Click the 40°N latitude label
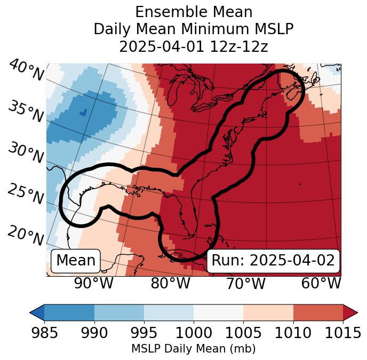tap(26, 71)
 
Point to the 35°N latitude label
tap(26, 111)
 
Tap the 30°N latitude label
tap(26, 153)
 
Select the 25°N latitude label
tap(26, 194)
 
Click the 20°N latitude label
tap(26, 236)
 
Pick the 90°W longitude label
tap(93, 283)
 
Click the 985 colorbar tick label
tap(44, 333)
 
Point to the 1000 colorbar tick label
tap(194, 333)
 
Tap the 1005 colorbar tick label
tap(243, 333)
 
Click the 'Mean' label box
tap(76, 261)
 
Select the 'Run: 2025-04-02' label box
tap(273, 261)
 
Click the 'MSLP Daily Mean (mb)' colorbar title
tap(193, 349)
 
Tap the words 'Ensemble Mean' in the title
tap(193, 12)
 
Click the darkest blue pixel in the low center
tap(82, 113)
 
